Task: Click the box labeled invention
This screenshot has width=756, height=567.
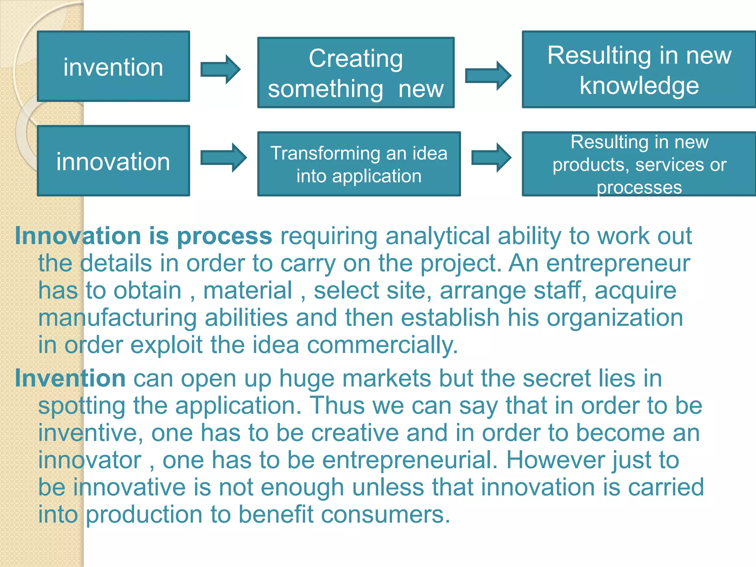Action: point(113,66)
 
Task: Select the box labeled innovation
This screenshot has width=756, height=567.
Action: point(113,161)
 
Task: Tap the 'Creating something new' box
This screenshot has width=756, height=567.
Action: point(355,73)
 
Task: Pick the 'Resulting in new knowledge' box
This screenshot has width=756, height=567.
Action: point(639,70)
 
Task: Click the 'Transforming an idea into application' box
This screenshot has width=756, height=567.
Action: point(359,164)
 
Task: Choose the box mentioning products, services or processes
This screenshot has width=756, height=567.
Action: point(639,164)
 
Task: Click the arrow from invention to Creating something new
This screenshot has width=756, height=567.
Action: point(220,69)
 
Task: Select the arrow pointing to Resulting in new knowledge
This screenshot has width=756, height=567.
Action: point(488,76)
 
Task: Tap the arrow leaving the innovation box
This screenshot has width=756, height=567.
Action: point(223,158)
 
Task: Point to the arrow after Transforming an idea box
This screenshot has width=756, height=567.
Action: point(491,158)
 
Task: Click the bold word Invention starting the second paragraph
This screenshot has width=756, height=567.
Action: point(70,378)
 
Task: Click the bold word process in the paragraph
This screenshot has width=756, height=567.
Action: point(224,236)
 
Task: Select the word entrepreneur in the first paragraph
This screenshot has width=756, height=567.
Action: point(618,264)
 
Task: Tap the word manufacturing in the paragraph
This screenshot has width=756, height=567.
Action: point(117,318)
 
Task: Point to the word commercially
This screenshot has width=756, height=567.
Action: point(382,345)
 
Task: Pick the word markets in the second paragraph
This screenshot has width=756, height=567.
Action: point(386,378)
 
